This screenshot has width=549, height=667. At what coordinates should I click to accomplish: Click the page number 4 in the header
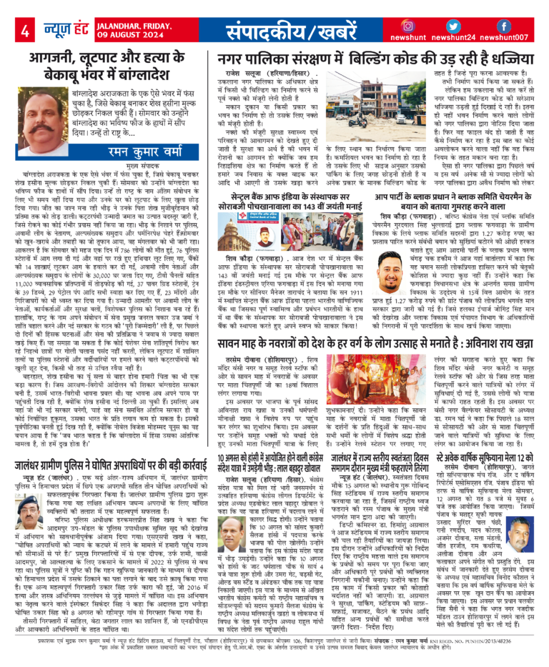click(24, 31)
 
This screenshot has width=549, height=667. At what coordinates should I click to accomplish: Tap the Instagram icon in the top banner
click(408, 26)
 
